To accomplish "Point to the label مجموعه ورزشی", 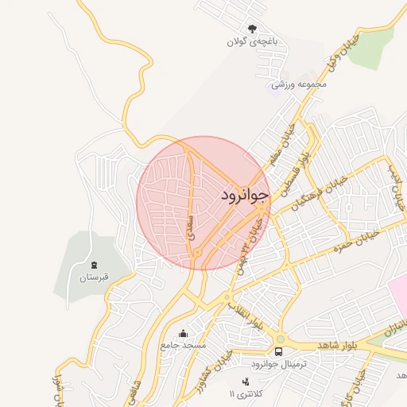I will tap(299, 83).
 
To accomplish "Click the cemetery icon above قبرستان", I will tap(93, 265).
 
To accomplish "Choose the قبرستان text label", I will tap(92, 278).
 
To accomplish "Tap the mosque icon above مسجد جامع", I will tap(184, 333).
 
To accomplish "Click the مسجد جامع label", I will tap(183, 346).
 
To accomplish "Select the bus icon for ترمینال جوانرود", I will tap(278, 351).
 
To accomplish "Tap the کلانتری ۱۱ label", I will tap(243, 394).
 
